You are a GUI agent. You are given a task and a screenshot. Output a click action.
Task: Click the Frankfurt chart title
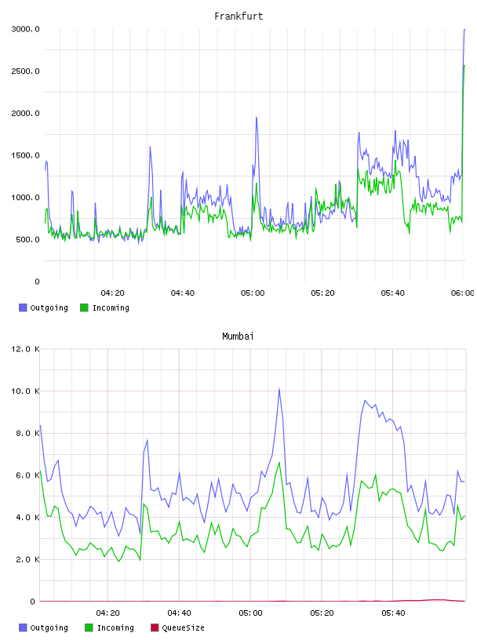tap(238, 16)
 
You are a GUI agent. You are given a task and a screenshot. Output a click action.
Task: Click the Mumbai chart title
tap(238, 336)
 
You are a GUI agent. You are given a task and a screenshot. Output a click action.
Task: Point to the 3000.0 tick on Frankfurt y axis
tap(25, 29)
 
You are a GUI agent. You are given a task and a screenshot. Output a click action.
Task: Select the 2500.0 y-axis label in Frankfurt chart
tap(25, 71)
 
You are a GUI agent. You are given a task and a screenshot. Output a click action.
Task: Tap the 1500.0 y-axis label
tap(25, 155)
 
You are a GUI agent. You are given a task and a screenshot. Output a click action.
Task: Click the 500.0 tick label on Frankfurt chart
tap(27, 239)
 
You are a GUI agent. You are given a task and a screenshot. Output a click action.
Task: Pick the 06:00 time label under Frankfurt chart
tap(463, 293)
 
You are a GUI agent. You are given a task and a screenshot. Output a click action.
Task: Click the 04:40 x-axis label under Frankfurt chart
tap(183, 293)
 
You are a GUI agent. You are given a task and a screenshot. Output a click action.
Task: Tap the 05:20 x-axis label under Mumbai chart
tap(322, 613)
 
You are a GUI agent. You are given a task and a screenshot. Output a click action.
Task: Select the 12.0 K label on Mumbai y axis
tap(25, 349)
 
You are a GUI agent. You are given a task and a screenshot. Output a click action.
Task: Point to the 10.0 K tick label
tap(25, 391)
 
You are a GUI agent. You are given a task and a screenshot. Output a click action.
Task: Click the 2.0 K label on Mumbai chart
tap(27, 559)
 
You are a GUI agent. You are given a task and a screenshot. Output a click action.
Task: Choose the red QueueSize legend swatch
tap(155, 627)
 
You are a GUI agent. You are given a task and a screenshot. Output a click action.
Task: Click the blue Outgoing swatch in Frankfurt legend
tap(23, 307)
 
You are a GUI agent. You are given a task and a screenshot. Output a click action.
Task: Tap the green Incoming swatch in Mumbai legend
tap(89, 627)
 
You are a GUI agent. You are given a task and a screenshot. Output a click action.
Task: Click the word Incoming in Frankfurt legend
tap(111, 307)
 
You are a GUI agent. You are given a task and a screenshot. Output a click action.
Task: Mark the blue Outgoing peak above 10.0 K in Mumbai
tap(279, 388)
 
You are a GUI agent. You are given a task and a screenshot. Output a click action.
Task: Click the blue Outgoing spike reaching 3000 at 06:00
tap(464, 29)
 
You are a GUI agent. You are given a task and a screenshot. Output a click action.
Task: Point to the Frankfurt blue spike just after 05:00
tap(257, 118)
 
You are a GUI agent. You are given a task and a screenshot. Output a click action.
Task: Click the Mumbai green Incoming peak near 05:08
tap(279, 463)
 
